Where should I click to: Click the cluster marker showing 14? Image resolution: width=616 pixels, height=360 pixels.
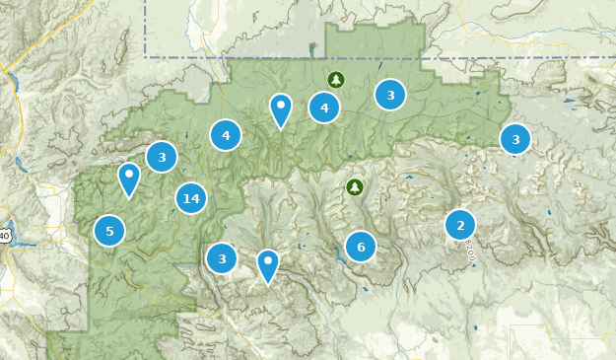pyautogui.click(x=191, y=199)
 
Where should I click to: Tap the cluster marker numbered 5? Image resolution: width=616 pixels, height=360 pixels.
pyautogui.click(x=109, y=231)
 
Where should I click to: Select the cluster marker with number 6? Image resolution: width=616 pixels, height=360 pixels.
pyautogui.click(x=361, y=247)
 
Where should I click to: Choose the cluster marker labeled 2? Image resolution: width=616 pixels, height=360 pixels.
pyautogui.click(x=460, y=225)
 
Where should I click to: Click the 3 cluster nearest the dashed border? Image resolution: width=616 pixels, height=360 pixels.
pyautogui.click(x=390, y=95)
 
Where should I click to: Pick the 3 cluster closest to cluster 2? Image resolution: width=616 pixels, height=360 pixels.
pyautogui.click(x=515, y=139)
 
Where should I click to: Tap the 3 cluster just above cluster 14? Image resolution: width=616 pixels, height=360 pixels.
pyautogui.click(x=162, y=156)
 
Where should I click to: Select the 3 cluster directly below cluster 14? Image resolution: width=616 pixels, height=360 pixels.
pyautogui.click(x=222, y=258)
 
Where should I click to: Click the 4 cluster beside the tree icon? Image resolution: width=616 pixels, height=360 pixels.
pyautogui.click(x=324, y=108)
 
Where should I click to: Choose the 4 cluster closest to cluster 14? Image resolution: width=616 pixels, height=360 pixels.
pyautogui.click(x=226, y=135)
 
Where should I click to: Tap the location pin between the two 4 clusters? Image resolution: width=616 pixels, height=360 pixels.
pyautogui.click(x=281, y=109)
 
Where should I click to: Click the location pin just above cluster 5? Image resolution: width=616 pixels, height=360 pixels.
pyautogui.click(x=129, y=179)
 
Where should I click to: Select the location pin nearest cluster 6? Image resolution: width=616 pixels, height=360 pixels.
pyautogui.click(x=267, y=265)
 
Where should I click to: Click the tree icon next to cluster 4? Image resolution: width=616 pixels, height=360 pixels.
pyautogui.click(x=335, y=79)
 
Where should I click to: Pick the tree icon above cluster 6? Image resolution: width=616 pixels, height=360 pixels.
pyautogui.click(x=355, y=186)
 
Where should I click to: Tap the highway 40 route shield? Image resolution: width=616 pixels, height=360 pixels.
pyautogui.click(x=4, y=234)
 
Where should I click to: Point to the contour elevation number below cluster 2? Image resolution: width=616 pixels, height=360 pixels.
pyautogui.click(x=470, y=250)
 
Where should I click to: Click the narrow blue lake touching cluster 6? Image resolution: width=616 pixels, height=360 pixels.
pyautogui.click(x=340, y=254)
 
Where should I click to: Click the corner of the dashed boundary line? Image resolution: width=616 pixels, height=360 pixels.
pyautogui.click(x=146, y=56)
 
